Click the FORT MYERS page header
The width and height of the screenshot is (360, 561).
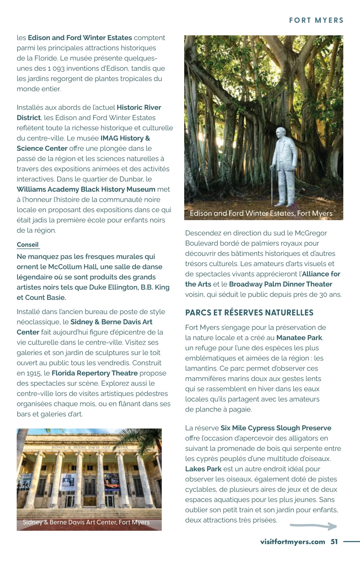coord(316,20)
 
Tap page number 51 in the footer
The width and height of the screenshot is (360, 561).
coord(334,541)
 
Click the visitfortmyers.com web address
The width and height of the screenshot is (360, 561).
coord(292,541)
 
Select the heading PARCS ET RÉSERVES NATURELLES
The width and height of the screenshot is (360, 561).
coord(249,313)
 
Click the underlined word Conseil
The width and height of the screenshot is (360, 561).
coord(28,244)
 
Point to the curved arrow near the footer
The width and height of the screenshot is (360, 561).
coord(313,526)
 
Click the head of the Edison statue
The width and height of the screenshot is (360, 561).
coord(281,132)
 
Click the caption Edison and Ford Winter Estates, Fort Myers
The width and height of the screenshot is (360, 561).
coord(261,213)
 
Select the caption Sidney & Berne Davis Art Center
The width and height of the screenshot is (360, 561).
coord(86,522)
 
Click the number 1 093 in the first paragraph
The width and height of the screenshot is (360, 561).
coord(56,68)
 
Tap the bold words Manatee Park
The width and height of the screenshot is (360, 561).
coord(299,337)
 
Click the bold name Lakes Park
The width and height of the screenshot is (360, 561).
coord(203,469)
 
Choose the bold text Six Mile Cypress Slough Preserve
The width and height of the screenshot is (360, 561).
coord(276,428)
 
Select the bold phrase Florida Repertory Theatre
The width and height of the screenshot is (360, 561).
coord(94,373)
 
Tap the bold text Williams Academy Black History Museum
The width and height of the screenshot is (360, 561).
coord(86,189)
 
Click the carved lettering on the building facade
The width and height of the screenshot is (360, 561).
coord(89,447)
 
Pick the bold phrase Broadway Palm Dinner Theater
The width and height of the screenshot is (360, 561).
coord(280,284)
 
